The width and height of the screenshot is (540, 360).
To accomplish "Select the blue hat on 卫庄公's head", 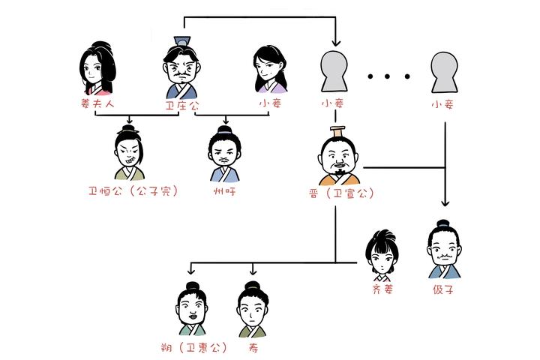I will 182,40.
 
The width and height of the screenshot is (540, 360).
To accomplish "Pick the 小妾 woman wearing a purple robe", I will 271,69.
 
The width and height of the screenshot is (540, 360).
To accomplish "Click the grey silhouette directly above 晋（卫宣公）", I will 335,72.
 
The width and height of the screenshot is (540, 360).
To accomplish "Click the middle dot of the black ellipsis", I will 388,76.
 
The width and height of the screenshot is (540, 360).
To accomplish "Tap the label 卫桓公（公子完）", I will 133,190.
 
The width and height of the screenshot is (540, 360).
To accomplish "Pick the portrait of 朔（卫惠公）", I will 193,310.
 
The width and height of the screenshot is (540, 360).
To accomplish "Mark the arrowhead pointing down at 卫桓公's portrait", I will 130,120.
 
